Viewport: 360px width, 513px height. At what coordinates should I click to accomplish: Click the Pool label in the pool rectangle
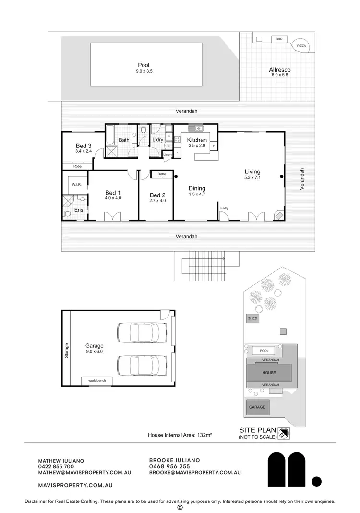click(144, 65)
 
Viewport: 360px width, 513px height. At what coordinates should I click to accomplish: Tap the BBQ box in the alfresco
click(279, 39)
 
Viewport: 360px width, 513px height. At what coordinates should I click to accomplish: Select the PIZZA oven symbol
click(301, 45)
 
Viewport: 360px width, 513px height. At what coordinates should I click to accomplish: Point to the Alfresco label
click(279, 70)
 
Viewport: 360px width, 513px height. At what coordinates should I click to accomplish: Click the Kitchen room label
click(197, 140)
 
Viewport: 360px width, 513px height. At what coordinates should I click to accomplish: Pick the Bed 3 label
click(84, 146)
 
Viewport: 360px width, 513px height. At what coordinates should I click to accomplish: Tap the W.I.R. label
click(77, 184)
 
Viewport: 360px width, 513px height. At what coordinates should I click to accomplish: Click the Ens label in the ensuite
click(79, 210)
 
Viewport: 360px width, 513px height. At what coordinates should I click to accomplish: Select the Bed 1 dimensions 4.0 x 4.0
click(113, 198)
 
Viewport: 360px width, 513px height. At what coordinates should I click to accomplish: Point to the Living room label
click(252, 171)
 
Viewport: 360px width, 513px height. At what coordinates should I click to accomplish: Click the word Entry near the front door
click(224, 208)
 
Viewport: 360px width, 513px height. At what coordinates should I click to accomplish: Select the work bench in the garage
click(96, 381)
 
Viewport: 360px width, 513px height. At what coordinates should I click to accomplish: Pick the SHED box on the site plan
click(252, 318)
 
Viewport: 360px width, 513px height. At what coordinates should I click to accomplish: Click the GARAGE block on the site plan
click(257, 407)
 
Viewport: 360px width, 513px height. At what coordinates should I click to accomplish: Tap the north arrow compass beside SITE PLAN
click(285, 433)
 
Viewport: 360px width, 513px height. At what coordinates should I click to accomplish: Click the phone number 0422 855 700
click(56, 466)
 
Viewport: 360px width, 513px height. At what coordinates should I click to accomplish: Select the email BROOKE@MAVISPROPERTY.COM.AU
click(195, 473)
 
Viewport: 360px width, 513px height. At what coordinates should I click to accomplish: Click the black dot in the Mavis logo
click(316, 480)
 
